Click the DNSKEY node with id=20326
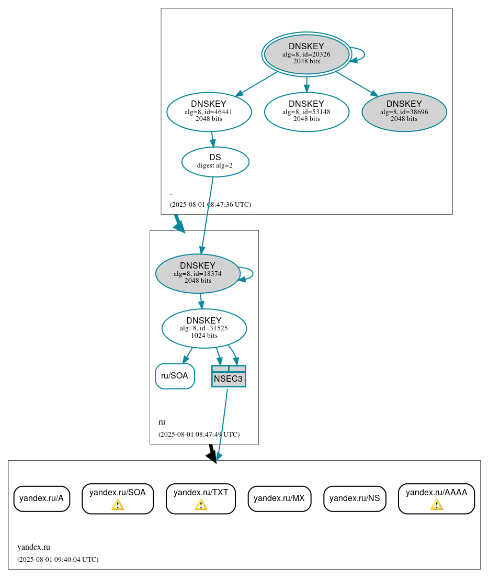pyautogui.click(x=306, y=54)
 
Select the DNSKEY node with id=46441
pyautogui.click(x=209, y=112)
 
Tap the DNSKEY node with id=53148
pyautogui.click(x=306, y=112)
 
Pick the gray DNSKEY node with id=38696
pyautogui.click(x=404, y=112)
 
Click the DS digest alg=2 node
pyautogui.click(x=215, y=161)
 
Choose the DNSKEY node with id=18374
pyautogui.click(x=198, y=273)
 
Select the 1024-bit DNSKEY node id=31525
pyautogui.click(x=204, y=328)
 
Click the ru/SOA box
pyautogui.click(x=175, y=376)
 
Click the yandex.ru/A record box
pyautogui.click(x=41, y=498)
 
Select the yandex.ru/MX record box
pyautogui.click(x=279, y=498)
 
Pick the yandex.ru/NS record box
pyautogui.click(x=355, y=498)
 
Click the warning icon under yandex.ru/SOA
pyautogui.click(x=118, y=505)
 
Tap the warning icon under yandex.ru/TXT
pyautogui.click(x=201, y=505)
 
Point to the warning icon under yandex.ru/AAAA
pyautogui.click(x=436, y=505)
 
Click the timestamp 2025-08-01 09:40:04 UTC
pyautogui.click(x=58, y=560)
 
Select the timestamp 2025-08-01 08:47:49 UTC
pyautogui.click(x=199, y=435)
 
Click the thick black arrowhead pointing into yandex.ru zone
pyautogui.click(x=212, y=456)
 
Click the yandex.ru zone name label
pyautogui.click(x=33, y=547)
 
